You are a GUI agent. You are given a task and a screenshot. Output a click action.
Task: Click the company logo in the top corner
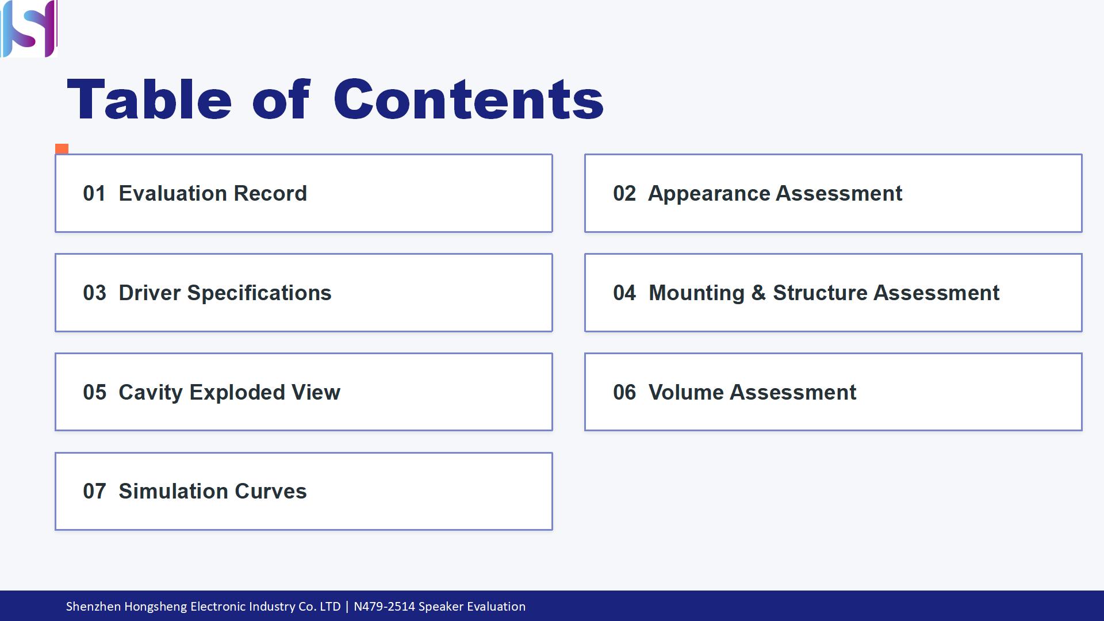[x=29, y=29]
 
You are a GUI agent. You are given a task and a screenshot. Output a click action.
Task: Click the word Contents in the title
[x=469, y=99]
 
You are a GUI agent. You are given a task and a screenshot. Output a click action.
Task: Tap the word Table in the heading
[x=149, y=99]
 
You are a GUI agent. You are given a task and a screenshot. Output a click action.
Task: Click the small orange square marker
[x=62, y=149]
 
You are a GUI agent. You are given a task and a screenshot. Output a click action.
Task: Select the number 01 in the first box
[x=94, y=194]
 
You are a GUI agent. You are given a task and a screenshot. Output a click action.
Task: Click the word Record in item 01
[x=270, y=194]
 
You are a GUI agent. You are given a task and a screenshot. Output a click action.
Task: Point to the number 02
[x=624, y=194]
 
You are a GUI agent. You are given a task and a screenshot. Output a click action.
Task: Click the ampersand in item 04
[x=758, y=293]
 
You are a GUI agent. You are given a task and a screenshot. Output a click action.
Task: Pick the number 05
[x=94, y=393]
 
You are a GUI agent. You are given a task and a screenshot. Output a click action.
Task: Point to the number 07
[x=94, y=492]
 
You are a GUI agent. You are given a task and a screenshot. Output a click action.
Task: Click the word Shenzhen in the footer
[x=94, y=607]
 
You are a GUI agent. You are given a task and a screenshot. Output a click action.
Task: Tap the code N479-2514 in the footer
[x=384, y=607]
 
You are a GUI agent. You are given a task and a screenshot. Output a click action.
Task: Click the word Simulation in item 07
[x=174, y=492]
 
